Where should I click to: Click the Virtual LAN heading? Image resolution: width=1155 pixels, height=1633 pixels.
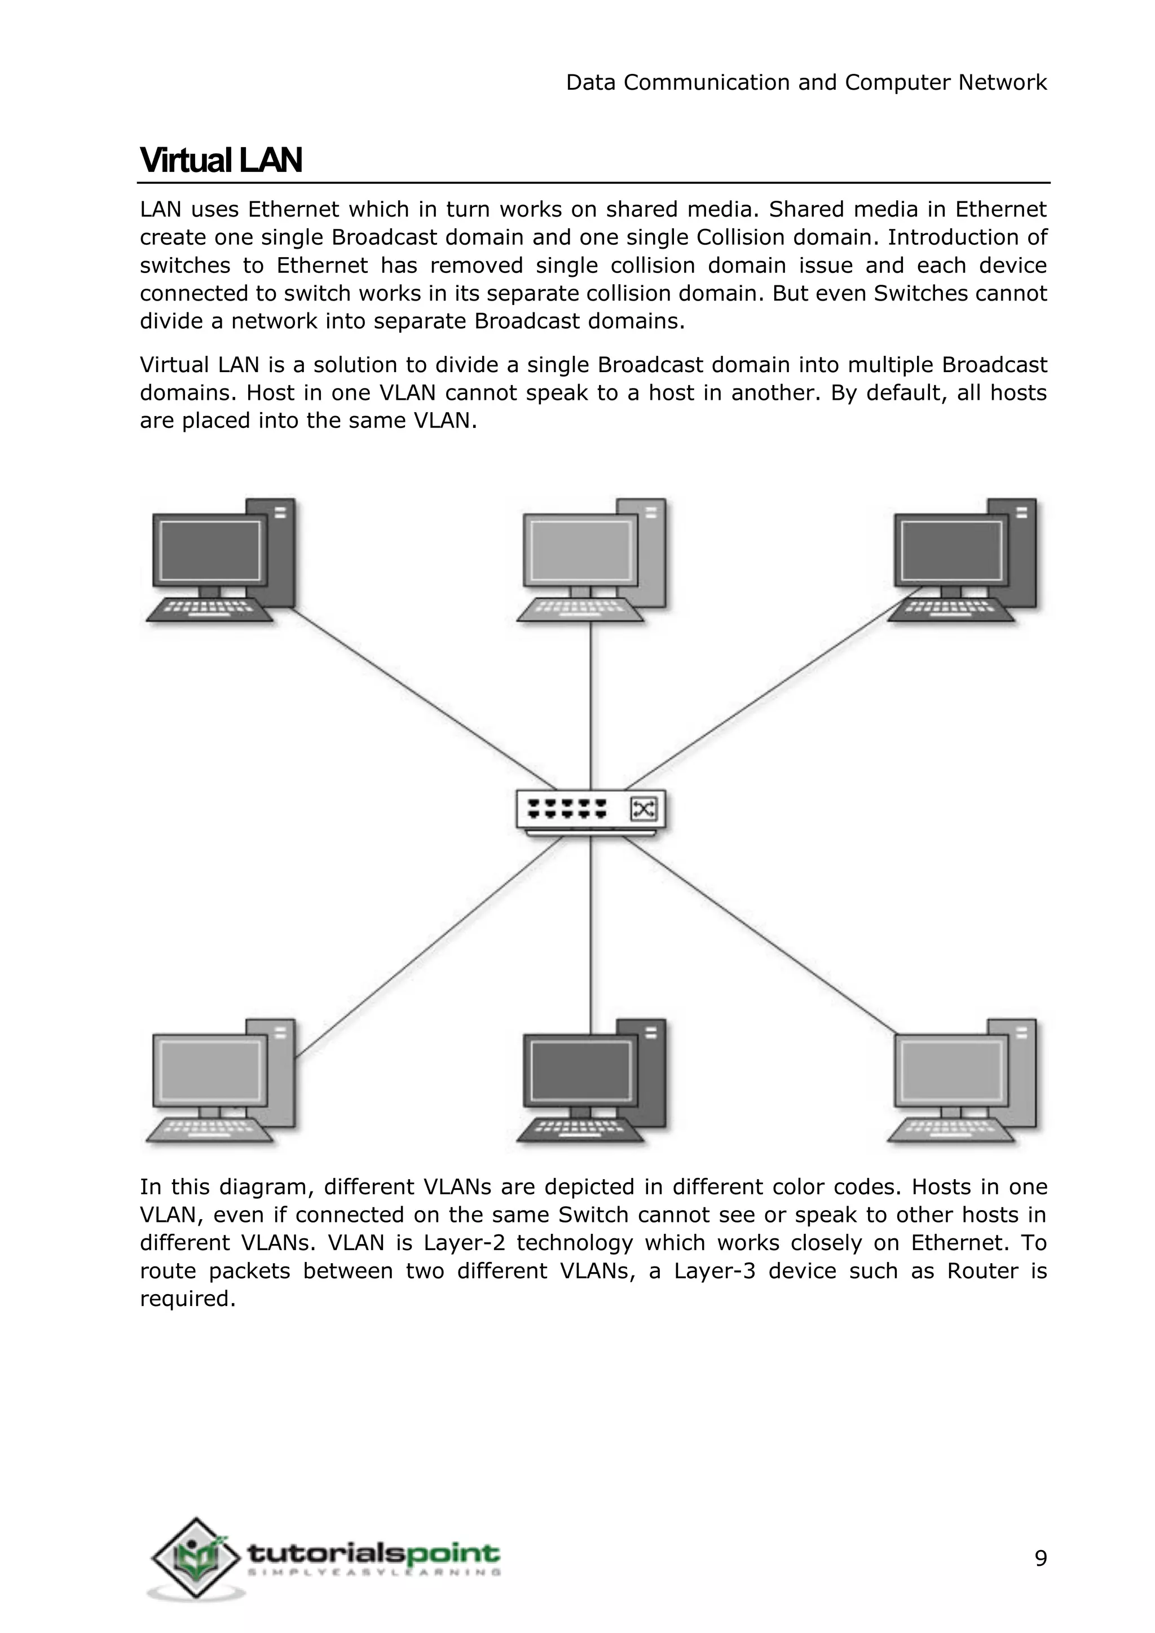tap(221, 160)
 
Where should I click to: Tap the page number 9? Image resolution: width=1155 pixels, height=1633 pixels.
tap(1041, 1559)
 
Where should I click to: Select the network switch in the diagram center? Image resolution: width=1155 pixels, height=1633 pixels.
tap(591, 811)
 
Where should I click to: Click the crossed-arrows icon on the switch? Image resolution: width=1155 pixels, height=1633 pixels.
tap(643, 809)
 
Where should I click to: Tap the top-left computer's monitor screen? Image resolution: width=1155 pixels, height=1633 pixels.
tap(209, 551)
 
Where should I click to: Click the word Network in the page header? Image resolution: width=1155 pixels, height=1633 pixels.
tap(1002, 82)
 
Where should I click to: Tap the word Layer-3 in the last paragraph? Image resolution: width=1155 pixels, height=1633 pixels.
tap(719, 1270)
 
